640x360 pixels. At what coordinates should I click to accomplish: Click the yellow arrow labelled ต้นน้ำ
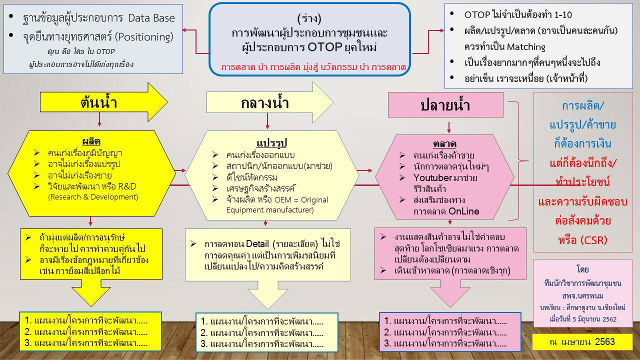pos(103,102)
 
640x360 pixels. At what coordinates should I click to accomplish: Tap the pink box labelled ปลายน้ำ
pos(445,104)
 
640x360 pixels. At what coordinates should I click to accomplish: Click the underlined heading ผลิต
pos(91,141)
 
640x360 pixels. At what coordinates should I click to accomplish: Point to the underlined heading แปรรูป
pos(271,143)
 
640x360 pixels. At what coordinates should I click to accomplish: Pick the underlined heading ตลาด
pos(444,143)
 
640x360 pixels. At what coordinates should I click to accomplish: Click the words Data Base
pos(151,18)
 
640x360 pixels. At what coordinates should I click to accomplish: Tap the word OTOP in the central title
pos(325,47)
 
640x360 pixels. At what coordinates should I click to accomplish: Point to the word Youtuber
pos(432,177)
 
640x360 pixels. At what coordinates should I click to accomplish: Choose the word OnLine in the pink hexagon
pos(463,211)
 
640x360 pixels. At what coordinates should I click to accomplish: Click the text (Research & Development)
pos(93,197)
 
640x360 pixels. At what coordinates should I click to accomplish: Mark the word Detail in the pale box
pos(257,243)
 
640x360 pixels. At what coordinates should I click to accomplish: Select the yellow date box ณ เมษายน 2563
pos(582,341)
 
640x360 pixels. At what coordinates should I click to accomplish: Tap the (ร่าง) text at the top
pos(309,19)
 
